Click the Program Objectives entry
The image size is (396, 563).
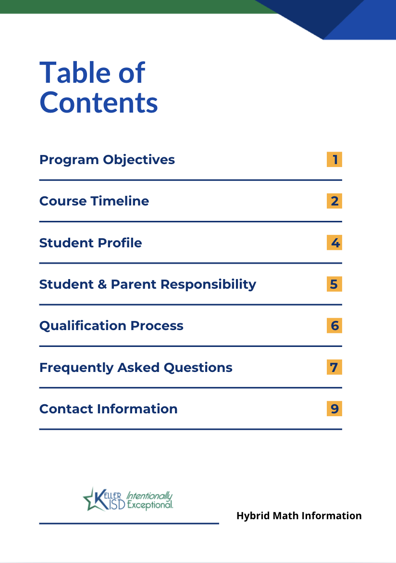tap(107, 160)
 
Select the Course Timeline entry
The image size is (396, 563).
tap(94, 201)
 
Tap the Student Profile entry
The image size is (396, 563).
tap(90, 243)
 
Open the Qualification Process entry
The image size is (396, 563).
tap(111, 326)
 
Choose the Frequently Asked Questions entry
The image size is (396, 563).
tap(136, 368)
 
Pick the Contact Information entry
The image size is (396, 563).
tap(108, 409)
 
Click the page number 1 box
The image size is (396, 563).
tap(334, 159)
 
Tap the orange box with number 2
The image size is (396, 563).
tap(334, 201)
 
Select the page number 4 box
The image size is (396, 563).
tap(334, 243)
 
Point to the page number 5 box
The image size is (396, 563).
tap(334, 284)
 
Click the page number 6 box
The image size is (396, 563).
tap(334, 326)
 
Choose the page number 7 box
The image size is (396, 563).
tap(334, 367)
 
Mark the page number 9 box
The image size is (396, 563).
tap(334, 409)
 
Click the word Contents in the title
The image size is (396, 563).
tap(99, 102)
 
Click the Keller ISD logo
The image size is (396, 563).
tap(128, 499)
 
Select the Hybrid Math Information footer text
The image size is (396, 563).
tap(299, 516)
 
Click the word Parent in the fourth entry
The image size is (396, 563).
tap(134, 284)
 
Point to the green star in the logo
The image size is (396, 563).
tap(92, 499)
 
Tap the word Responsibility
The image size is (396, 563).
tap(208, 285)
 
